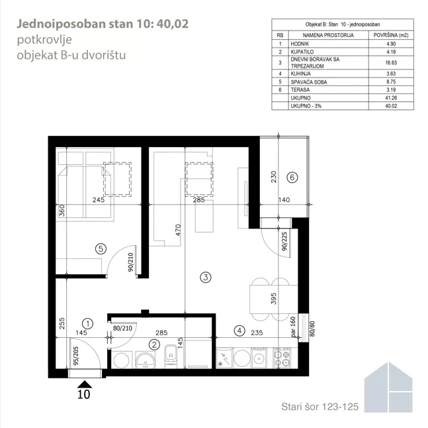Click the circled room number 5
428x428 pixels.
[x=101, y=248]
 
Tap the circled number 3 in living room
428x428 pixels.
[x=206, y=278]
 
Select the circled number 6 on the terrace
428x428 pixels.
[x=292, y=178]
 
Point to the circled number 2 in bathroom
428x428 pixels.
[x=154, y=345]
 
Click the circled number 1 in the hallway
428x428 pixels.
[x=87, y=323]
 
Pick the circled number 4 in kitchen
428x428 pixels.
[x=239, y=331]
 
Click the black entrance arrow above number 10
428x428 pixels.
[x=85, y=384]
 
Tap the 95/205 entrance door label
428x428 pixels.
[x=76, y=356]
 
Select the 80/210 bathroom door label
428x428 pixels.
[x=122, y=328]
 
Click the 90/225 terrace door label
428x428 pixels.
[x=284, y=241]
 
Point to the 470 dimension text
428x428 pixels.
[x=178, y=230]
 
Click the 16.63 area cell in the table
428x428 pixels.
[x=391, y=62]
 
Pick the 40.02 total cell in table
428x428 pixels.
[x=391, y=106]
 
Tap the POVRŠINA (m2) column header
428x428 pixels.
[x=391, y=35]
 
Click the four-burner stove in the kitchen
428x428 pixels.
[x=282, y=358]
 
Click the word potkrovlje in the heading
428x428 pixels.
[x=44, y=40]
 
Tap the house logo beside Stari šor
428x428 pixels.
[x=388, y=387]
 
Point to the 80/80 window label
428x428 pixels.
[x=312, y=329]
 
